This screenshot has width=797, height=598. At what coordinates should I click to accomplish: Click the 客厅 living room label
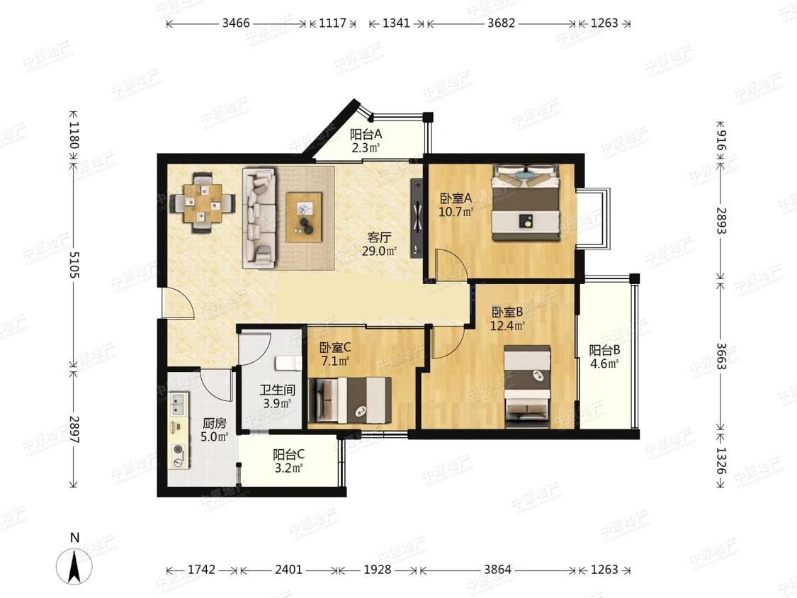point(380,237)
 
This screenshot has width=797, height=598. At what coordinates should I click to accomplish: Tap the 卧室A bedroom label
point(456,198)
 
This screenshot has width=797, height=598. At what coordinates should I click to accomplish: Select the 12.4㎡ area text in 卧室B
point(507,325)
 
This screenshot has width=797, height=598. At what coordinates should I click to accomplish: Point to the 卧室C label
point(335,348)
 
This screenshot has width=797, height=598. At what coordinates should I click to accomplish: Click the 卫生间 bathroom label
point(278,390)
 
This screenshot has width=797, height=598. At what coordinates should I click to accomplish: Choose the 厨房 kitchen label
point(214,423)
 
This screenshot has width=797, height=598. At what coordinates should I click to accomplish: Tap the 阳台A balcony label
point(366,135)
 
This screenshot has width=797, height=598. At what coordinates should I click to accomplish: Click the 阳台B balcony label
point(604,350)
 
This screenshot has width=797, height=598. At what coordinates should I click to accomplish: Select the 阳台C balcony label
point(289,454)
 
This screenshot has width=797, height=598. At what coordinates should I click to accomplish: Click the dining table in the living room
point(203,203)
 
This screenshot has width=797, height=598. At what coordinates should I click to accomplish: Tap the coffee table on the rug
point(304,217)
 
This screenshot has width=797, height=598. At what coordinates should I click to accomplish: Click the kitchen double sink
point(179,405)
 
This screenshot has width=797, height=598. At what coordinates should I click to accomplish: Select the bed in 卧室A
point(526,203)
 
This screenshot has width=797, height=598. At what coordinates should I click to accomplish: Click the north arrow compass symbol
point(74,566)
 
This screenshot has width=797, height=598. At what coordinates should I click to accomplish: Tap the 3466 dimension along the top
point(236,23)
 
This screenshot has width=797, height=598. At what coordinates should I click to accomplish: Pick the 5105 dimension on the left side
point(74,264)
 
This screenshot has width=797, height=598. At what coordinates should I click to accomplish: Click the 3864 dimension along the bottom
point(497,569)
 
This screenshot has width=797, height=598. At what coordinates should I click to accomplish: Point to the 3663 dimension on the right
point(721,356)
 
